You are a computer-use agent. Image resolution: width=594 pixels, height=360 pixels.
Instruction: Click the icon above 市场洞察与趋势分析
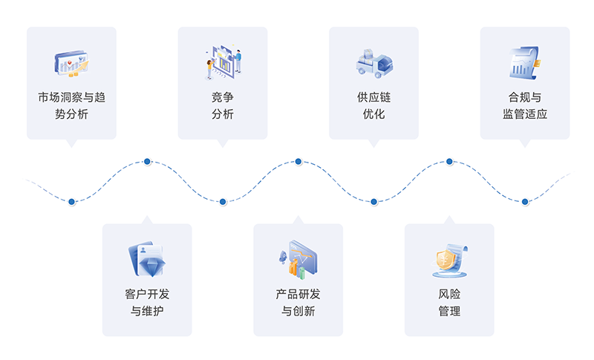tap(71, 64)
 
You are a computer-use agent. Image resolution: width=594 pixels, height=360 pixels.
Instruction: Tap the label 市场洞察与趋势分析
tap(71, 105)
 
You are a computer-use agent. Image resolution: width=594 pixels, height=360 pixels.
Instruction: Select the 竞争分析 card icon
tap(223, 64)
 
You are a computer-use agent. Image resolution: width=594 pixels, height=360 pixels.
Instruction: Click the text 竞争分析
tap(223, 105)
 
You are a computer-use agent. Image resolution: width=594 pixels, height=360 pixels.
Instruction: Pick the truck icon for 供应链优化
tap(373, 64)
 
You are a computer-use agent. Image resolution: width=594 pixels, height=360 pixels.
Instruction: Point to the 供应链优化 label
tap(373, 105)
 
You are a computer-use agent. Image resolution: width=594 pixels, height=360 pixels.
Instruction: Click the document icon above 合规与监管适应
tap(525, 62)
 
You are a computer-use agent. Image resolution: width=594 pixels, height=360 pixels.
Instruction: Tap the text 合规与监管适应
tap(525, 105)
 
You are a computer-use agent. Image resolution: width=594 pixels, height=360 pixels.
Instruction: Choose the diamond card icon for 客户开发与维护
tap(146, 260)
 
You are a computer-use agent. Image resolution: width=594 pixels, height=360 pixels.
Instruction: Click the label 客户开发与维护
tap(147, 302)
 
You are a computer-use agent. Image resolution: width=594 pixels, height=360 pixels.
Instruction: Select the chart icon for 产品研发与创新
tap(298, 260)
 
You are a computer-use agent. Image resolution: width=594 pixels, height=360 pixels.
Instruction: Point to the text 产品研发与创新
tap(298, 302)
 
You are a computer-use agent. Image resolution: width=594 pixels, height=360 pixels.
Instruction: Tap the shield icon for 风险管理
tap(449, 260)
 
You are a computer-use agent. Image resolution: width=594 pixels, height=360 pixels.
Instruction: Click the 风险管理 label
tap(449, 302)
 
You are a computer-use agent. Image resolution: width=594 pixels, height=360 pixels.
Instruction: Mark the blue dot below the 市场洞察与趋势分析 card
tap(71, 201)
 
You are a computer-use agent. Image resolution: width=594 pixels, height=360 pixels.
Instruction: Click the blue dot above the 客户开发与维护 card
tap(147, 161)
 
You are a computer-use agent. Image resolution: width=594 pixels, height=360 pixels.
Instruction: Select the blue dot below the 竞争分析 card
tap(223, 201)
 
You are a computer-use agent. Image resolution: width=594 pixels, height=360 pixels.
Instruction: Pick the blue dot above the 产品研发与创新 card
tap(298, 161)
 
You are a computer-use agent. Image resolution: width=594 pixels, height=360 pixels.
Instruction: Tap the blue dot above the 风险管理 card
tap(449, 161)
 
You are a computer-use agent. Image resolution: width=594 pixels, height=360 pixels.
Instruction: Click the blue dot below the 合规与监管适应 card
tap(525, 201)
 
